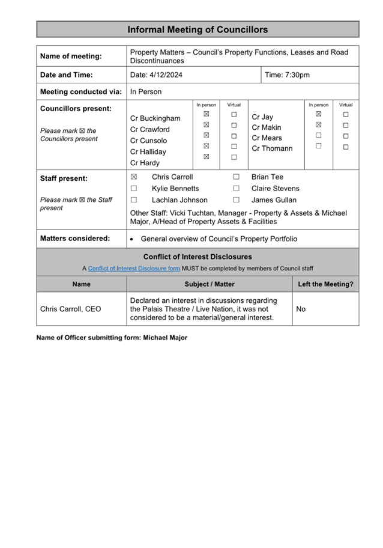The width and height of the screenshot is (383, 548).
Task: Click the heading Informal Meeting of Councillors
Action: (198, 29)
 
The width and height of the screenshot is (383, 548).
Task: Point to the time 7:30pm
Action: (297, 75)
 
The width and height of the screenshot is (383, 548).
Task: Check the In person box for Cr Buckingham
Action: (206, 114)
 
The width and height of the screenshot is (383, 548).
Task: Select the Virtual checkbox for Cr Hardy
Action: (234, 157)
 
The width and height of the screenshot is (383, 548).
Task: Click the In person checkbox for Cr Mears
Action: (319, 136)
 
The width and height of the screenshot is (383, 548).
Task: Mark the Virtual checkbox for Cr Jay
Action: (346, 114)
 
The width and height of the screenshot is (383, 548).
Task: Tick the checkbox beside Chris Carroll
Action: (134, 177)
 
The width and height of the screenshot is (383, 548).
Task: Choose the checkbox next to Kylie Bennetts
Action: (134, 189)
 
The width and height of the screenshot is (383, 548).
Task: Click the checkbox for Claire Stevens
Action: (237, 189)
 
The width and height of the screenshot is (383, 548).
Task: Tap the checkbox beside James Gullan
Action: (237, 200)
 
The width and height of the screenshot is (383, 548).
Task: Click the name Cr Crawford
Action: (150, 129)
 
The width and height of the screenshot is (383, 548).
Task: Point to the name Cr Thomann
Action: (272, 148)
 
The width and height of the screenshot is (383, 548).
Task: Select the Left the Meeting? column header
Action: (325, 284)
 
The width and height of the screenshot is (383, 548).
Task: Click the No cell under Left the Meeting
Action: (301, 309)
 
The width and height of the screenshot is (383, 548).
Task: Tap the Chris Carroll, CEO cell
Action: (70, 309)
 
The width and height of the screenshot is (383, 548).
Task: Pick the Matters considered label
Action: (75, 239)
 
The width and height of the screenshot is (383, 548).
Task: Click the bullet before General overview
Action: (132, 239)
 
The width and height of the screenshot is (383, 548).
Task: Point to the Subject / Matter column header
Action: (210, 284)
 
